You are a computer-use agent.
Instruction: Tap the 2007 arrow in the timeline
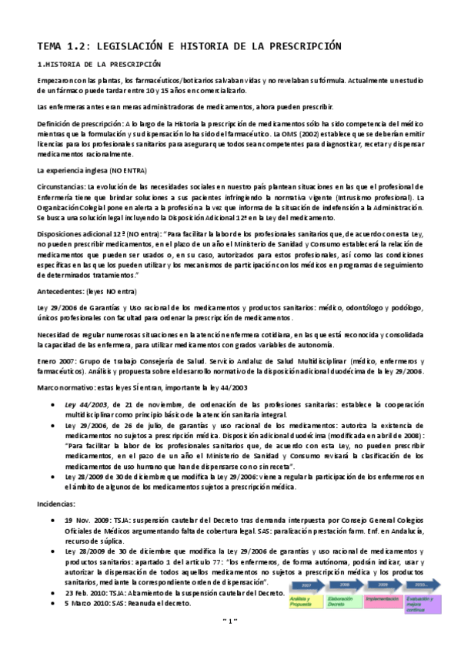tap(308, 585)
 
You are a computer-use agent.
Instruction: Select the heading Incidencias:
tap(57, 502)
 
